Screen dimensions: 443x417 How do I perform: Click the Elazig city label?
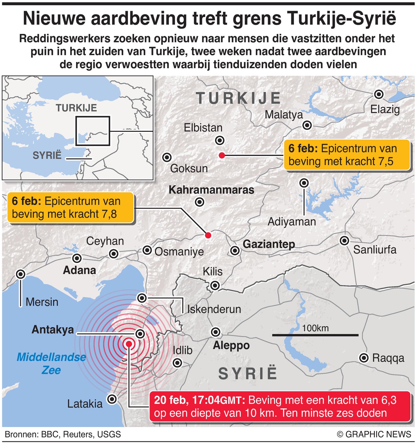(385, 109)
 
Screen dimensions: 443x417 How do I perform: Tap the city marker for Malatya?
(307, 125)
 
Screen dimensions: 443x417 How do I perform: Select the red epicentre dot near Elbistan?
(222, 156)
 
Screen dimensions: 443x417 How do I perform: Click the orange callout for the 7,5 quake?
(347, 155)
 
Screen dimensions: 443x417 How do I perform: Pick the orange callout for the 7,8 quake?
(70, 208)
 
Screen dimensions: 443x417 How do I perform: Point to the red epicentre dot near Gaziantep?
(208, 235)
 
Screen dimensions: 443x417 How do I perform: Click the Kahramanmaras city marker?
(199, 202)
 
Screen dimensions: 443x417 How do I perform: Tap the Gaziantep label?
(269, 244)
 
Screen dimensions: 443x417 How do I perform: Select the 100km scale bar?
(315, 335)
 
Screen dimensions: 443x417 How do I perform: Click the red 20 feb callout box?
(280, 407)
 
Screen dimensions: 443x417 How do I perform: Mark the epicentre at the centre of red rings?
(129, 344)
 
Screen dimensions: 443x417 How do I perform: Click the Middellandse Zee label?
(51, 363)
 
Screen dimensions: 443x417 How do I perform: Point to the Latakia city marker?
(112, 399)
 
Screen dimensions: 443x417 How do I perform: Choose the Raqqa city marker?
(364, 358)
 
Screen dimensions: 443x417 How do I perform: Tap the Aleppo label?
(231, 345)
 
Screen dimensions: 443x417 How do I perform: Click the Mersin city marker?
(21, 274)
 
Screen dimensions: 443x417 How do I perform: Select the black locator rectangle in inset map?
(93, 131)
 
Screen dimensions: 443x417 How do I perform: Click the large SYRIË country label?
(248, 374)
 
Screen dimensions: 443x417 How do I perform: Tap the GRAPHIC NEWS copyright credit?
(374, 434)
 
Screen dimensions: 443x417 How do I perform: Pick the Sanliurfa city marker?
(344, 241)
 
